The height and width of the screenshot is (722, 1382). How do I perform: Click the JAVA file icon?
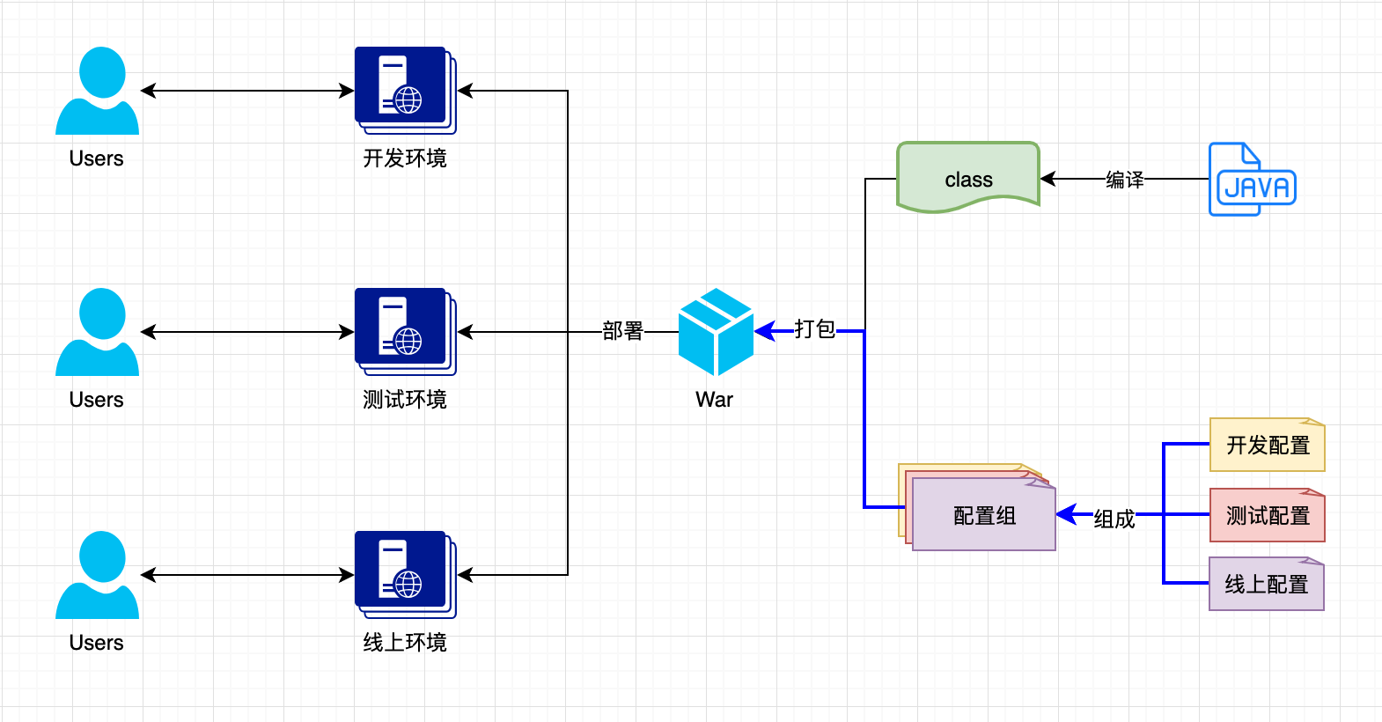click(x=1252, y=180)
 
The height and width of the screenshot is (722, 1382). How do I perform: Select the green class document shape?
click(x=968, y=177)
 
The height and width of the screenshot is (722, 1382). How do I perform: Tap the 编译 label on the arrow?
click(x=1125, y=180)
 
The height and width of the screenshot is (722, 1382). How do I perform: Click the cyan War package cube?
click(x=716, y=332)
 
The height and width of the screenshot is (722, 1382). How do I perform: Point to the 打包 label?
click(x=814, y=329)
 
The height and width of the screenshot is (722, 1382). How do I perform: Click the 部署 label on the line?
click(x=623, y=331)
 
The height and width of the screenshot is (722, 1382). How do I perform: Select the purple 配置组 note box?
click(x=984, y=515)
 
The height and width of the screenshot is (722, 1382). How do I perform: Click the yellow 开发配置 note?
click(x=1268, y=446)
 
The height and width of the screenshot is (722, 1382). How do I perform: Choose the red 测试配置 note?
click(x=1268, y=516)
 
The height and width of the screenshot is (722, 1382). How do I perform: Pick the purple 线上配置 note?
click(x=1266, y=585)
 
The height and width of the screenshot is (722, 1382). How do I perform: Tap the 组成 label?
click(x=1114, y=519)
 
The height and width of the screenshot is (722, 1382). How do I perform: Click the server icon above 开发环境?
click(x=404, y=90)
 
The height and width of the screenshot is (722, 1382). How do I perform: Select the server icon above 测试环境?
click(x=404, y=331)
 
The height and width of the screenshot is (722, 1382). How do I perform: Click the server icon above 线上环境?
click(x=404, y=574)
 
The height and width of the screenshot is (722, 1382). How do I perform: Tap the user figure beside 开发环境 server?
click(x=97, y=91)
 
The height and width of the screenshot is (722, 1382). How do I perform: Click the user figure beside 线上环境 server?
click(x=97, y=575)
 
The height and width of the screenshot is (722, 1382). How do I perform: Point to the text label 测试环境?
click(x=405, y=400)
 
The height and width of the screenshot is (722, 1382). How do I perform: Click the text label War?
click(x=714, y=400)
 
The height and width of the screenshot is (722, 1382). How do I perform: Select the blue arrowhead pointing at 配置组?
click(x=1066, y=514)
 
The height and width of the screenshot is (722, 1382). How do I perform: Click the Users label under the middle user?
click(x=97, y=400)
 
